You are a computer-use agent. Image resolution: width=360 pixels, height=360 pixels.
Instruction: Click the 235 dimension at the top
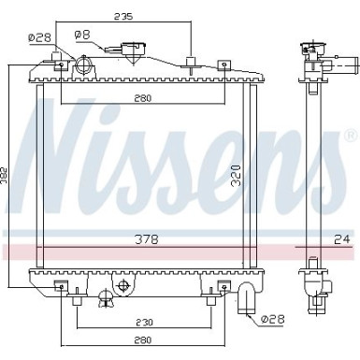click(122, 16)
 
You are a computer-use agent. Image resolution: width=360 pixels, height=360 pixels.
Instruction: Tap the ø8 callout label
click(82, 35)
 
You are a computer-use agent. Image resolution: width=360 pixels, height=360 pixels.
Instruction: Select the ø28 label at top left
click(39, 37)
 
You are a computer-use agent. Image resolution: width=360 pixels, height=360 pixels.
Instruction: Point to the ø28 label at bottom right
click(273, 319)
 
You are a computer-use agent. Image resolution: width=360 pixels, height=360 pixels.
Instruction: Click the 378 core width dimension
click(147, 239)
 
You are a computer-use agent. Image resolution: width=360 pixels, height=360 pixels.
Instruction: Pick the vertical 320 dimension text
click(237, 176)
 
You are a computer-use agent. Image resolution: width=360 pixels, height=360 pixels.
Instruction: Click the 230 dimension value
click(144, 322)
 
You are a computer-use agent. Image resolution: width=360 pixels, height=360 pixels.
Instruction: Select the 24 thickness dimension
click(342, 239)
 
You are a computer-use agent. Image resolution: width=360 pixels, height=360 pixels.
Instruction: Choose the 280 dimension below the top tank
click(143, 98)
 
